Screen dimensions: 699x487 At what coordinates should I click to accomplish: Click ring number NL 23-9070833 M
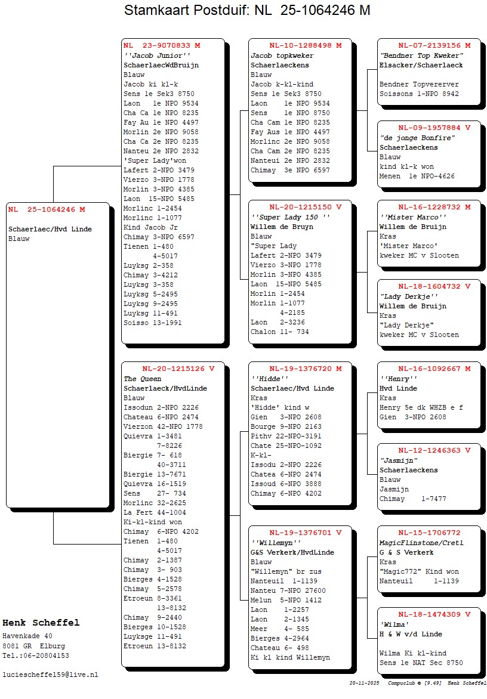[162, 45]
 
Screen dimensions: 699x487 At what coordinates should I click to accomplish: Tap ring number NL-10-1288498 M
[305, 45]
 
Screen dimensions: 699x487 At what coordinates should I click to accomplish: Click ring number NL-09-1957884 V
[434, 128]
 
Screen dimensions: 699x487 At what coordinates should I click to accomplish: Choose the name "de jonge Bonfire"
[417, 138]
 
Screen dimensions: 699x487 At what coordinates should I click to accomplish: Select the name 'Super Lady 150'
[290, 217]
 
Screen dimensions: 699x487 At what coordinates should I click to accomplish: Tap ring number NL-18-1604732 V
[434, 286]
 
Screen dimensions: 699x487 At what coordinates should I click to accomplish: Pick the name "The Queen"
[138, 379]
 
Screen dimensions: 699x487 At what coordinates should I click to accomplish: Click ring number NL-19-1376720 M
[305, 369]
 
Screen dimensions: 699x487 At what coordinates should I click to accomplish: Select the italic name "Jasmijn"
[398, 460]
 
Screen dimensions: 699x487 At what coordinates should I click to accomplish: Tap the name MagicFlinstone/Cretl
[421, 543]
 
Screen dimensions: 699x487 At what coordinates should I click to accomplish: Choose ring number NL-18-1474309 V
[434, 614]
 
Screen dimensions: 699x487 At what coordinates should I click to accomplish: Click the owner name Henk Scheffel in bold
[41, 623]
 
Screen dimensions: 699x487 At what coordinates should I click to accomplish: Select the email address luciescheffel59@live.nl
[50, 675]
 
